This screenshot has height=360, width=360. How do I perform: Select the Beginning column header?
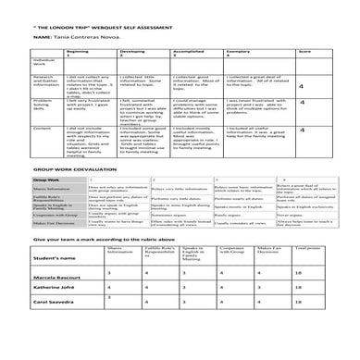(x=77, y=53)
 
